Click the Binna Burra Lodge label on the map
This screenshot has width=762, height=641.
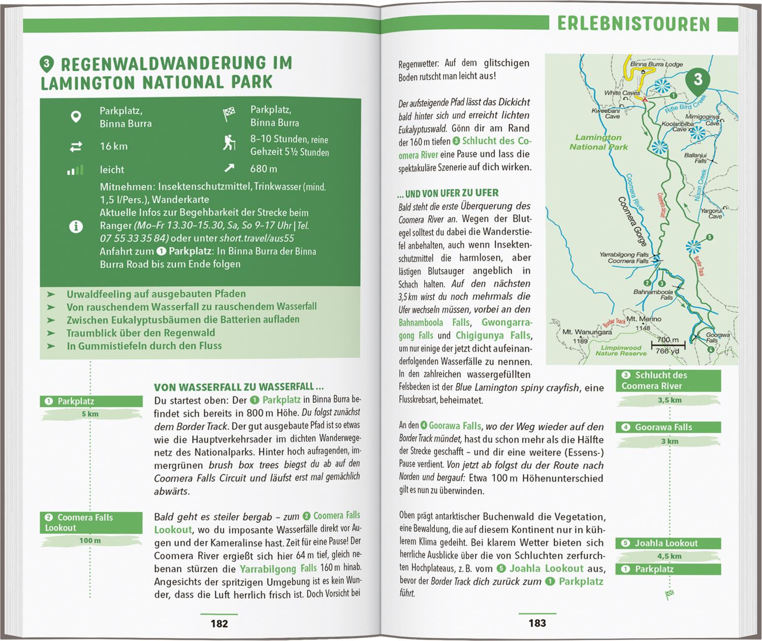[656, 65]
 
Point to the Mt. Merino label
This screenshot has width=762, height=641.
[644, 319]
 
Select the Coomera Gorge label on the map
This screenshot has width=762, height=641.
[632, 221]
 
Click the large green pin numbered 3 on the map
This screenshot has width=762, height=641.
[698, 80]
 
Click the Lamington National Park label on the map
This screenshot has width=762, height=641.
[598, 142]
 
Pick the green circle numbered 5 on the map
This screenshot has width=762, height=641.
[710, 237]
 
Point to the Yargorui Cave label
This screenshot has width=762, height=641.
[712, 213]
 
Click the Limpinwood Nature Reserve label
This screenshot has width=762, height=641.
[621, 350]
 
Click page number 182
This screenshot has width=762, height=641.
[219, 623]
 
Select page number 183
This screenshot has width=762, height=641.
[537, 623]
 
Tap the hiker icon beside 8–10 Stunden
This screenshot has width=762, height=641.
[229, 143]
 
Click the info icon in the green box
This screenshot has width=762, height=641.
[76, 226]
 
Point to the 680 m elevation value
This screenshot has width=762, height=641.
[264, 169]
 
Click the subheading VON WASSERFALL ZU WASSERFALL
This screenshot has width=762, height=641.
[239, 387]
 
